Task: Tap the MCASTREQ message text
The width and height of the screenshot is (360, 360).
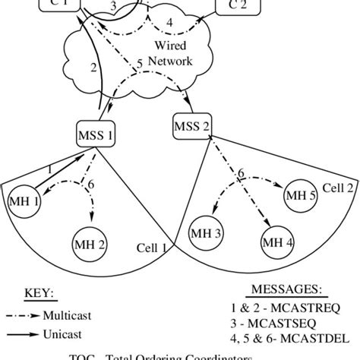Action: (313, 308)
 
